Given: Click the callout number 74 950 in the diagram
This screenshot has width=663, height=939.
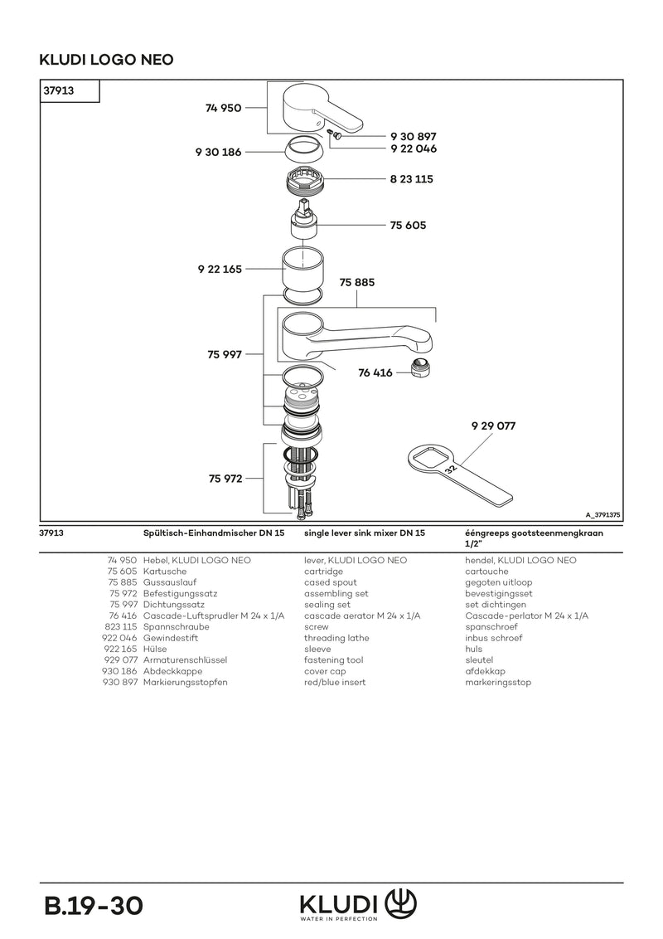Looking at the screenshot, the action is click(223, 108).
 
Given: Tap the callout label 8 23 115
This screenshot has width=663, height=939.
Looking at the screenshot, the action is click(412, 179).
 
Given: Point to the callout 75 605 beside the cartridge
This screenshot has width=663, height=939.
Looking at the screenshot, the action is click(408, 225).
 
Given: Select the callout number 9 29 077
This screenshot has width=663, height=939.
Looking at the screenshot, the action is click(493, 426).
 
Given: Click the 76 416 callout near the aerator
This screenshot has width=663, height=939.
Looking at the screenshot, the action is click(375, 372).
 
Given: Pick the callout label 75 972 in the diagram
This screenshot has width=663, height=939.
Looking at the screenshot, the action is click(225, 479).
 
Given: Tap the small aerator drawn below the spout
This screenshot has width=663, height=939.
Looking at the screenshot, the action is click(421, 367).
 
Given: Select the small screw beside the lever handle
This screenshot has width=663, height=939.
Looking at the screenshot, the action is click(336, 136).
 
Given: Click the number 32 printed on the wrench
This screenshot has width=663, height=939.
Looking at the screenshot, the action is click(451, 469).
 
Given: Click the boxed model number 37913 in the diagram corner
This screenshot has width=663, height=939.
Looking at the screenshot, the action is click(59, 90).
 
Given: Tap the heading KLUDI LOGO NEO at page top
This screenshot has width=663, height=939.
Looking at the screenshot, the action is click(107, 59).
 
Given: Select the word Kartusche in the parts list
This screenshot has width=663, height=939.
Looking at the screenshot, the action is click(165, 572).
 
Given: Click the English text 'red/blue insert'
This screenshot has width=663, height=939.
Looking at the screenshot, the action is click(335, 682).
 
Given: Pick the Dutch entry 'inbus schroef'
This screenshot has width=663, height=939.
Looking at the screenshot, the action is click(494, 638).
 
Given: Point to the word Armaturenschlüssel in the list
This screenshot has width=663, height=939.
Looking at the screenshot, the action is click(185, 660).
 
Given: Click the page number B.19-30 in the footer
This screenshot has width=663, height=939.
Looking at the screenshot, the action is click(94, 906).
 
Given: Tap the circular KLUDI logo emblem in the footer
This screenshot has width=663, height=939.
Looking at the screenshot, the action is click(400, 903).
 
